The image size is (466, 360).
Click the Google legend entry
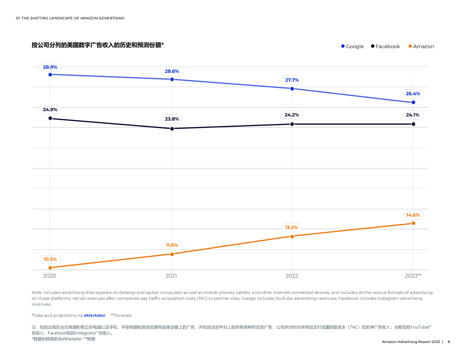[x=352, y=46]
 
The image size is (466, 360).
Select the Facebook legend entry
[x=386, y=46]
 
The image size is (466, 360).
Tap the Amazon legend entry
[x=421, y=46]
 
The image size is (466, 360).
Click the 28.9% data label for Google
[x=50, y=67]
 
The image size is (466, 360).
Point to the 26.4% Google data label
[x=413, y=94]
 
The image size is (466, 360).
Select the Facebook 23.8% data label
[x=172, y=119]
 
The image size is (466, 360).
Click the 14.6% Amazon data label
[x=413, y=215]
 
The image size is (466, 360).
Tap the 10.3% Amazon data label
[x=50, y=259]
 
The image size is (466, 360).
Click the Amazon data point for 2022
[x=292, y=237]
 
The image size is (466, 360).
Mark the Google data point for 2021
[x=172, y=79]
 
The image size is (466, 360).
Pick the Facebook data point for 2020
[x=50, y=118]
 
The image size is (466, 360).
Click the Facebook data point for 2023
[x=413, y=124]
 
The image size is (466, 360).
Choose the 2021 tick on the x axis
[x=171, y=276]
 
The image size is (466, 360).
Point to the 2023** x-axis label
[x=413, y=276]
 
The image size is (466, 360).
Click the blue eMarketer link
[x=95, y=315]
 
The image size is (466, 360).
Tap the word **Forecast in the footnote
[x=121, y=315]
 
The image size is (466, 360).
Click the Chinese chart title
[x=98, y=45]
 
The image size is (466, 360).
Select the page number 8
[x=449, y=342]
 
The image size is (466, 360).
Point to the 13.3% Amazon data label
[x=291, y=228]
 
